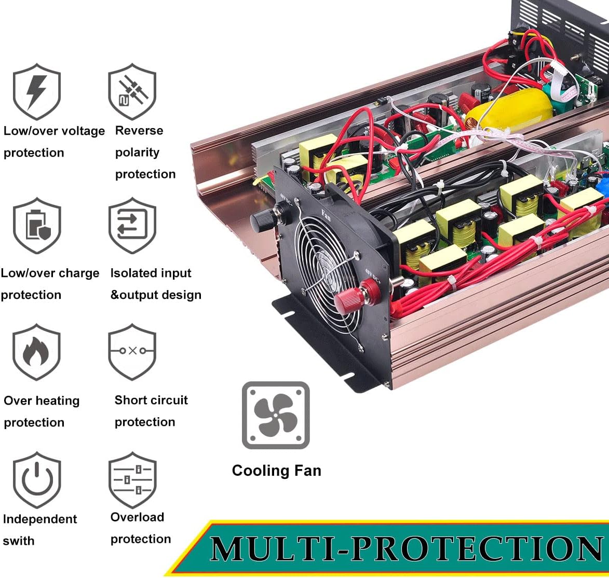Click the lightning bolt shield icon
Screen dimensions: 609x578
point(37,92)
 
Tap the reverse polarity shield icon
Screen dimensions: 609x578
point(132,92)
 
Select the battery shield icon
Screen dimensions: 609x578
point(37,226)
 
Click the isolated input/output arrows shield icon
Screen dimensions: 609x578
point(132,226)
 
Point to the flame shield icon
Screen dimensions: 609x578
point(36,352)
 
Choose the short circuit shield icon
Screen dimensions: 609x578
point(132,352)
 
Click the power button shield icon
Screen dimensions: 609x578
point(37,480)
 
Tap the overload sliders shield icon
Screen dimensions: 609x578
point(132,480)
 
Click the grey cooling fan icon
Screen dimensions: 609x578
point(276,416)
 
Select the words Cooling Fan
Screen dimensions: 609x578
point(277,471)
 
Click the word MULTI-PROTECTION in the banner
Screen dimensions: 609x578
point(407,549)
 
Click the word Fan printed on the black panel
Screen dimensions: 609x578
point(326,215)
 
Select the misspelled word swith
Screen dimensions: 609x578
point(19,541)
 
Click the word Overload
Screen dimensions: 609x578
point(137,517)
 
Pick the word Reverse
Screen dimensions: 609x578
point(139,130)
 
